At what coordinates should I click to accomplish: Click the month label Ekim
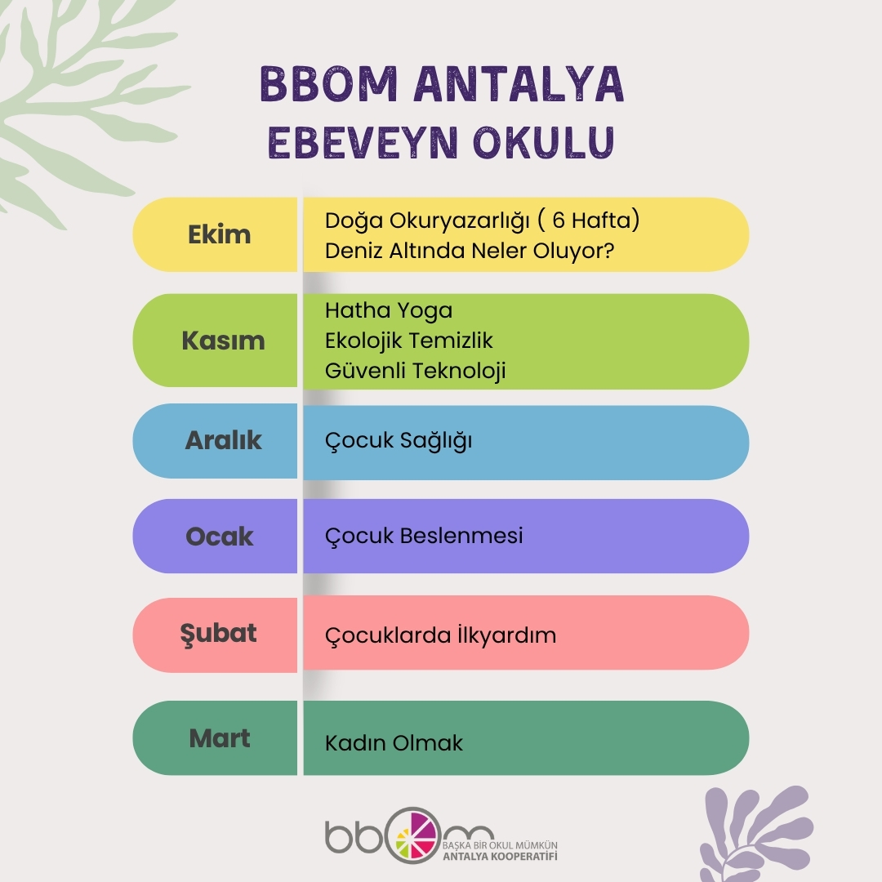click(219, 235)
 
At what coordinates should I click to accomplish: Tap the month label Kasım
click(223, 341)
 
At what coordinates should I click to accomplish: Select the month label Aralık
click(223, 440)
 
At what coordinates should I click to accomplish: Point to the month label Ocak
click(220, 537)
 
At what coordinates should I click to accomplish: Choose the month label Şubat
click(218, 633)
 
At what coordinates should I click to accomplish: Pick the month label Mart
click(220, 738)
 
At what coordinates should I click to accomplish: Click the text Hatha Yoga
click(389, 310)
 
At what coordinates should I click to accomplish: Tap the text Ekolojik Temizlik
click(409, 340)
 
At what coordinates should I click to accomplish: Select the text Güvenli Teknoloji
click(416, 370)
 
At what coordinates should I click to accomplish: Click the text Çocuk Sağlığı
click(399, 441)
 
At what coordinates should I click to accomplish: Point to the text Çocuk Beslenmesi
click(424, 536)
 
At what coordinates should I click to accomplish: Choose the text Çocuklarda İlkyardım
click(440, 635)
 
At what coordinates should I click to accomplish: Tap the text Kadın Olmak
click(394, 743)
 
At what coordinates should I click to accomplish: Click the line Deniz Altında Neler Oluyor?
click(470, 251)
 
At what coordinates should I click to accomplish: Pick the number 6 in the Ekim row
click(559, 220)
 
